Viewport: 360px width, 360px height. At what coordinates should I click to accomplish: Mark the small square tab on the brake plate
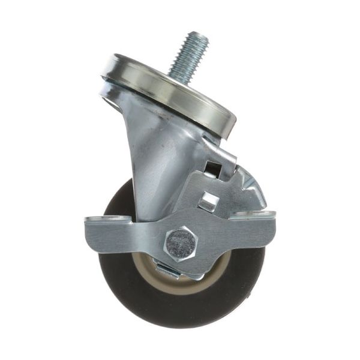(206, 202)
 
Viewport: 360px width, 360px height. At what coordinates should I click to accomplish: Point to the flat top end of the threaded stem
(198, 37)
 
